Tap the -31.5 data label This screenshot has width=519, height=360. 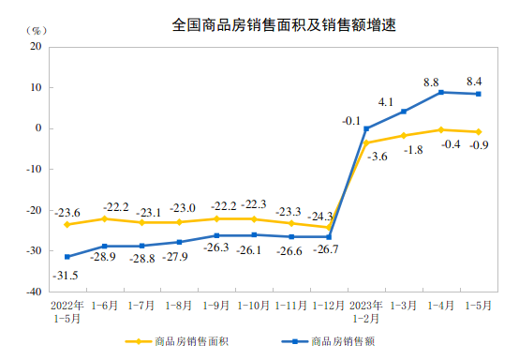click(x=65, y=274)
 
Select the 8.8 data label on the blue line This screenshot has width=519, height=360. click(x=432, y=82)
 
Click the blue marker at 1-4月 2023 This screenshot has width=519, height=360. click(x=441, y=92)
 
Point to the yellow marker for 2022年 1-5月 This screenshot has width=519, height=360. click(x=67, y=225)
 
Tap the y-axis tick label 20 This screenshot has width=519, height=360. click(x=36, y=46)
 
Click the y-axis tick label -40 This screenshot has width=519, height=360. click(x=34, y=292)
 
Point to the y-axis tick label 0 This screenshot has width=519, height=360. click(x=38, y=128)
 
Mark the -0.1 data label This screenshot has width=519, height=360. click(x=351, y=120)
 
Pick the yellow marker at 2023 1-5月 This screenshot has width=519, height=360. click(x=479, y=132)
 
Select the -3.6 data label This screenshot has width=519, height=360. click(x=378, y=157)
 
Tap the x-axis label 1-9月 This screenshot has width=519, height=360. click(x=216, y=306)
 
